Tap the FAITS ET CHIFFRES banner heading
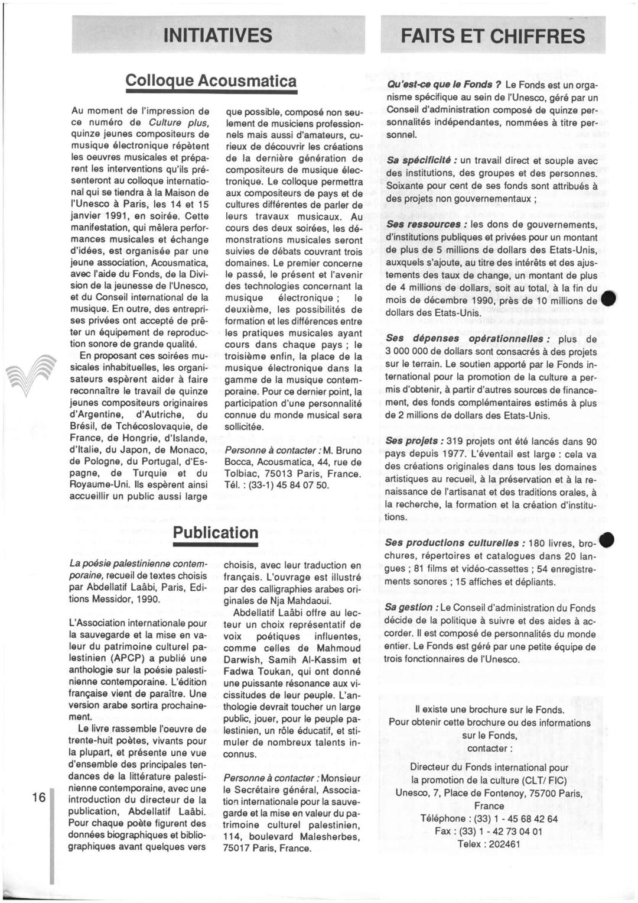click(x=493, y=36)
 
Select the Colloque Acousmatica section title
click(x=211, y=80)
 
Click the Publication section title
click(x=216, y=532)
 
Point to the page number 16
click(x=39, y=797)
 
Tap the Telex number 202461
click(x=502, y=844)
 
